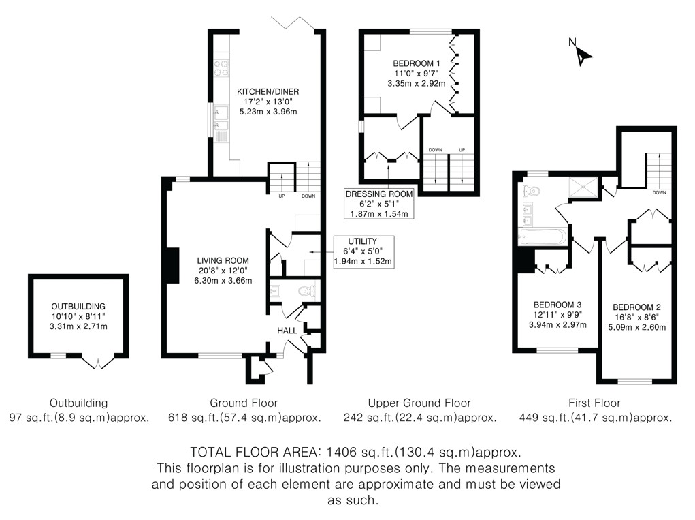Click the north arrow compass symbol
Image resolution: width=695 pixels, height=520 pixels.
[x=583, y=55]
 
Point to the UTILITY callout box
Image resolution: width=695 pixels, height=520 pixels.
[x=363, y=251]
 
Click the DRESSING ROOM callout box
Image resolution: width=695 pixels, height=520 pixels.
[x=379, y=204]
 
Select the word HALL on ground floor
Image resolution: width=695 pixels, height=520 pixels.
[x=287, y=331]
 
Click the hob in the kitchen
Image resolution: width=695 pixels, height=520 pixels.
[x=222, y=68]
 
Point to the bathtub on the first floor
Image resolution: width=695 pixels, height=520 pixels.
[x=543, y=236]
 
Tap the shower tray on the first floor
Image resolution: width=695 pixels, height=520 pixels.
[x=584, y=186]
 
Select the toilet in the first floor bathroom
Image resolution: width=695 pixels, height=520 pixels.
[x=532, y=191]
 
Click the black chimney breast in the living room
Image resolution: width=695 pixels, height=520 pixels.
[x=173, y=265]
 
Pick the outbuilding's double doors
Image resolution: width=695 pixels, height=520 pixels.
[x=99, y=362]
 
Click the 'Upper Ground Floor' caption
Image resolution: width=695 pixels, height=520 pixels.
[x=419, y=403]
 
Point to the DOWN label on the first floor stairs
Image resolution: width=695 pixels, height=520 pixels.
[x=659, y=193]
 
